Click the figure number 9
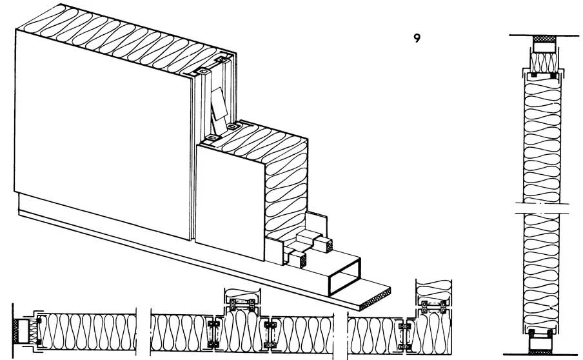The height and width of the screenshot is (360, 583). coord(417,38)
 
